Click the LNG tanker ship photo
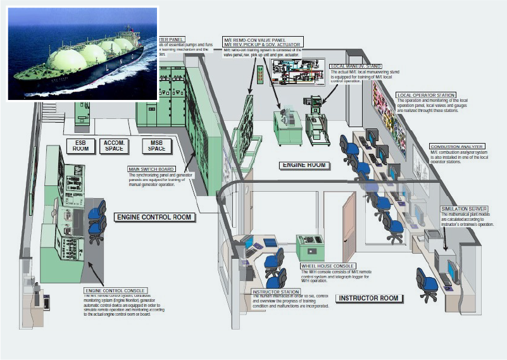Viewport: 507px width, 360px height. coord(82,53)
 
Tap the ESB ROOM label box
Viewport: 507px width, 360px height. coord(80,146)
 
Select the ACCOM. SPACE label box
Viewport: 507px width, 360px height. coord(114,146)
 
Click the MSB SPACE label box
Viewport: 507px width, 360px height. coord(156,146)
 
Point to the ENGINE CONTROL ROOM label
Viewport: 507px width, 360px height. coord(154,217)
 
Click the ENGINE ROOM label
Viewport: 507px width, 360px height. coord(303,165)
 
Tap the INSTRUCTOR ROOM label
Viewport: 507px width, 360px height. coord(368,298)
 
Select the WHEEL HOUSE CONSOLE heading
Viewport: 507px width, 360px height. coord(328,266)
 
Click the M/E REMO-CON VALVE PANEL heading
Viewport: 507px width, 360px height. coord(263,39)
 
